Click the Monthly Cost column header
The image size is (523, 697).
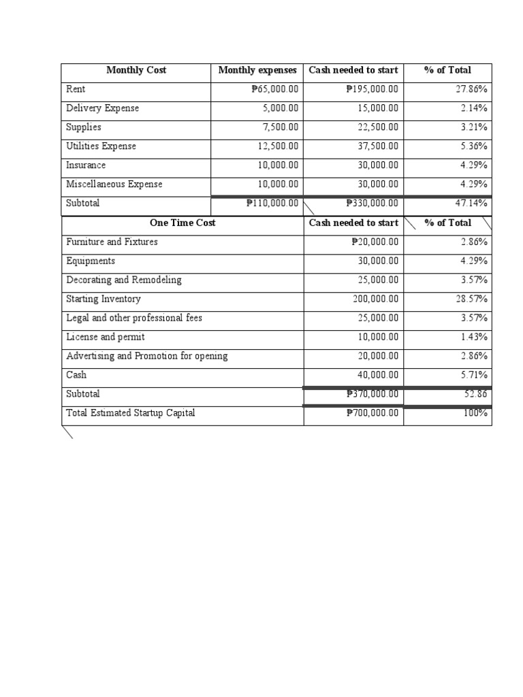coord(136,70)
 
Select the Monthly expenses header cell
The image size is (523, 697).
coord(257,70)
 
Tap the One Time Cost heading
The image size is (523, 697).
coord(183,223)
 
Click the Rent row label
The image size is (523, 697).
coord(76,89)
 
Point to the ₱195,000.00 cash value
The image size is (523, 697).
coord(372,89)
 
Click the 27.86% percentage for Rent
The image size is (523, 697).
coord(471,89)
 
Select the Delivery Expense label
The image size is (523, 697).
coord(102,108)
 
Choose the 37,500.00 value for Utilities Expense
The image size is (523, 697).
coord(378,146)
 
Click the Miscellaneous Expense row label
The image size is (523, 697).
coord(114,184)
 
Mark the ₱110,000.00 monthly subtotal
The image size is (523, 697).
coord(272,203)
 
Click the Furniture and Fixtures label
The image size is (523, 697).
coord(112,242)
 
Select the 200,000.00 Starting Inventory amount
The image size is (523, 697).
coord(375,299)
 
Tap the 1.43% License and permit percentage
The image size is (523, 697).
coord(474,337)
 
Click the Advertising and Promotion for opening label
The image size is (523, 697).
coord(147,356)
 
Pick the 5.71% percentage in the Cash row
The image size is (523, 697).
coord(474,375)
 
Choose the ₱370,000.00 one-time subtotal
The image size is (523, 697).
coord(372,394)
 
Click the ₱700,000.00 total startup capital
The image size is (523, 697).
coord(372,413)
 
